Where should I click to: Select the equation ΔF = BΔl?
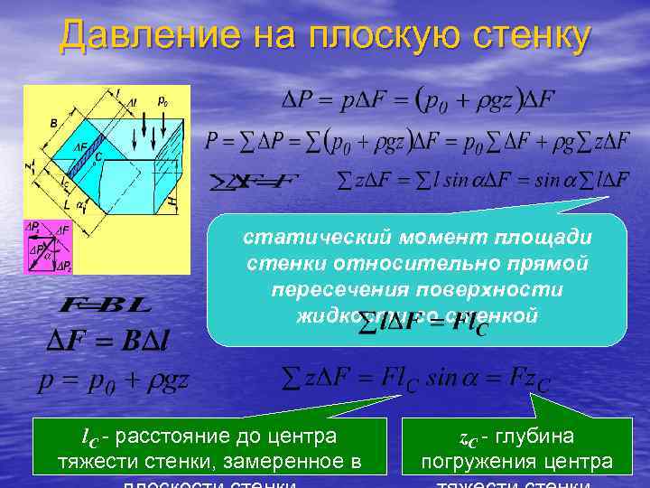coord(113,341)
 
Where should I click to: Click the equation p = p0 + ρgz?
coord(113,380)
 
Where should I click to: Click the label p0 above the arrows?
coord(162,101)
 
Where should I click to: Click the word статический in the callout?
coord(301,238)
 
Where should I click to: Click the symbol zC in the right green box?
coord(468,440)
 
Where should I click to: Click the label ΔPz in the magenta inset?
coord(62,266)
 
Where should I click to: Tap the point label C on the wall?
coord(98,155)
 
